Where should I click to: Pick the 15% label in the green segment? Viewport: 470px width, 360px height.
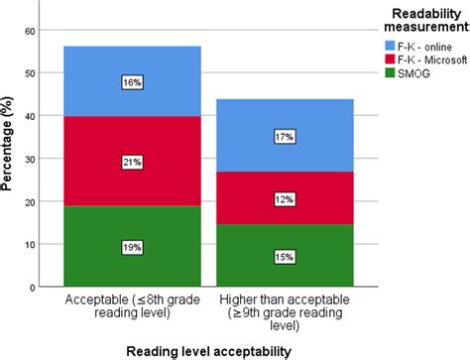pyautogui.click(x=285, y=256)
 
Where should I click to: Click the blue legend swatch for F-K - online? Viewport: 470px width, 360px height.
pyautogui.click(x=372, y=46)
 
